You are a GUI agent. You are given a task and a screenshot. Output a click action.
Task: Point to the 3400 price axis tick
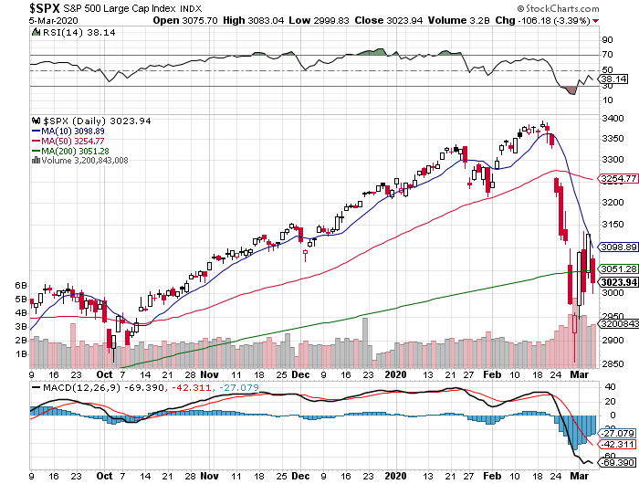tap(612, 119)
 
